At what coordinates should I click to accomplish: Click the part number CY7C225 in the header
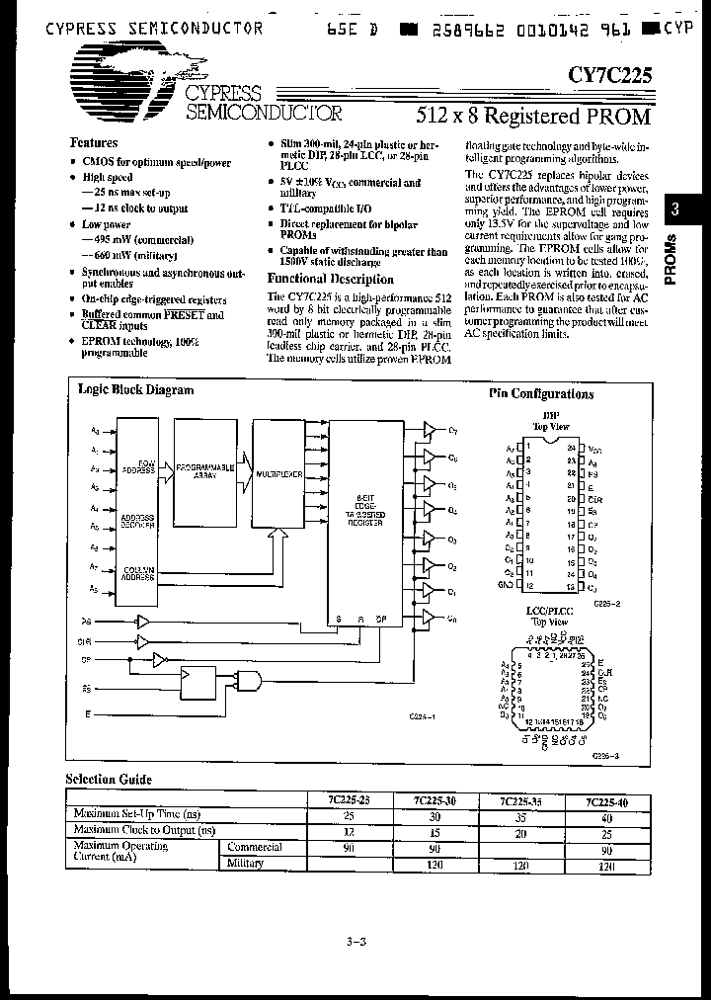609,73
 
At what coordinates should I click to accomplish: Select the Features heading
95,142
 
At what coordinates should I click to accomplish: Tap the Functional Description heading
318,279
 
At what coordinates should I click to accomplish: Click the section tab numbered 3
674,209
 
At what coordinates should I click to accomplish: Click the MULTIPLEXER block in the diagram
277,474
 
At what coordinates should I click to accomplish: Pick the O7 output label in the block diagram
453,431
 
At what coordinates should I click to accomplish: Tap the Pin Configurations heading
541,393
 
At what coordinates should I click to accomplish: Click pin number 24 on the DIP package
571,447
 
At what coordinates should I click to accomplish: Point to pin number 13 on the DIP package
571,585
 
